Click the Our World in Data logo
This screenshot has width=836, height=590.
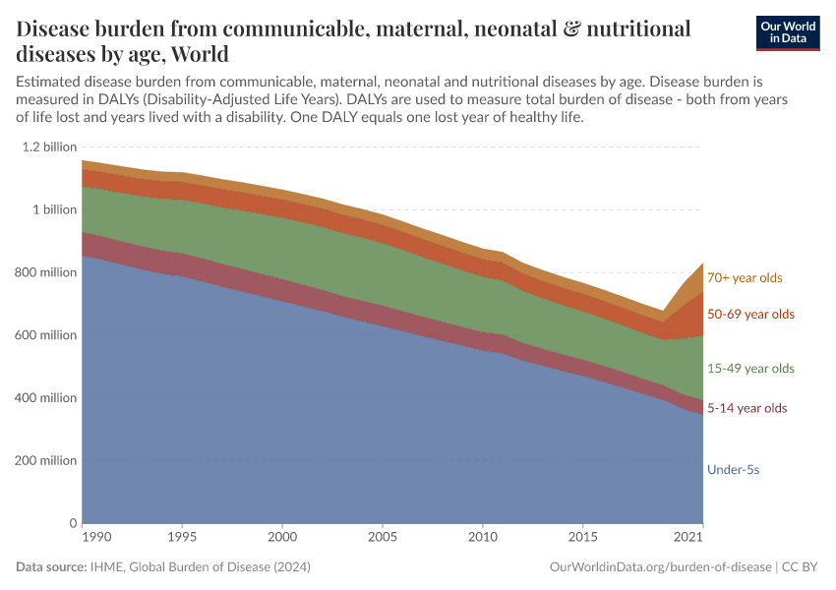(x=787, y=32)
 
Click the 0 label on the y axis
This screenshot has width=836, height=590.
(x=72, y=523)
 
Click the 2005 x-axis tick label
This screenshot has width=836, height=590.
(x=383, y=539)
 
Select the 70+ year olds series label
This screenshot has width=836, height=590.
(x=745, y=278)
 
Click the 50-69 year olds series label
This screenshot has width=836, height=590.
(x=750, y=315)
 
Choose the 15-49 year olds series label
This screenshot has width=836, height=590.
(x=750, y=369)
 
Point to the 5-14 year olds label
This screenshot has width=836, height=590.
(x=747, y=408)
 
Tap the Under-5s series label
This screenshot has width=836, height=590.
(x=733, y=470)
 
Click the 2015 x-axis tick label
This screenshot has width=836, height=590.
(x=583, y=539)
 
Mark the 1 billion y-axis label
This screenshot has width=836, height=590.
(x=54, y=209)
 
